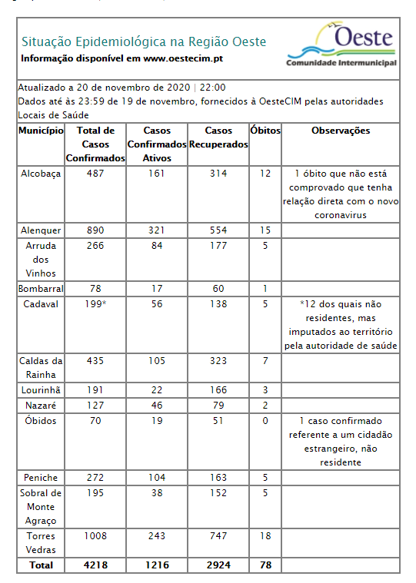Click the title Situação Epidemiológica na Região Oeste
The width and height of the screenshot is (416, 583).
pyautogui.click(x=144, y=41)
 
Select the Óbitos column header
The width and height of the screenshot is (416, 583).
pyautogui.click(x=265, y=131)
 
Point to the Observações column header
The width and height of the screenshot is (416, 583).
pyautogui.click(x=341, y=131)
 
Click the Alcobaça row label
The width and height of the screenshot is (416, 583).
pyautogui.click(x=41, y=174)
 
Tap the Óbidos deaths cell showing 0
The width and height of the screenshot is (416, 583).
pyautogui.click(x=265, y=421)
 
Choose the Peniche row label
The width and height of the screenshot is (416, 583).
pyautogui.click(x=41, y=478)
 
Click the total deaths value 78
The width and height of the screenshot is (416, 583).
pyautogui.click(x=265, y=565)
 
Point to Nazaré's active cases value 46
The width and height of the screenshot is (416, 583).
pyautogui.click(x=156, y=405)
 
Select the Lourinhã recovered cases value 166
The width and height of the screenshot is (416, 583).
pyautogui.click(x=218, y=390)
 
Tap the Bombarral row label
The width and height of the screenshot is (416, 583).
pyautogui.click(x=41, y=289)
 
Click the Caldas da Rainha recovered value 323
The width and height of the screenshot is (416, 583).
pyautogui.click(x=218, y=361)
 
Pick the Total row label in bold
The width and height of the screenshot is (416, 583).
pyautogui.click(x=41, y=565)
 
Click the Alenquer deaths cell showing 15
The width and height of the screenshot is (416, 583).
pyautogui.click(x=265, y=230)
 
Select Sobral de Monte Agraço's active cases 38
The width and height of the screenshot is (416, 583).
pyautogui.click(x=156, y=493)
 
